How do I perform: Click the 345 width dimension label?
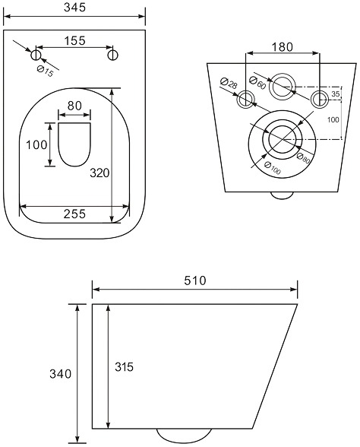tap(74, 8)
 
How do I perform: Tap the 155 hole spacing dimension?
tap(74, 41)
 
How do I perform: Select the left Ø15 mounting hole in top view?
tap(36, 55)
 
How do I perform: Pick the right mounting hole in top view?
tap(113, 55)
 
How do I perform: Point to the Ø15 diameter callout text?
tap(46, 71)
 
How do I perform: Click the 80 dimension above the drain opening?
tap(74, 106)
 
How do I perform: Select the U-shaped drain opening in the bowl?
tap(74, 144)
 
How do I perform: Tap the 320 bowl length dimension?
tap(99, 173)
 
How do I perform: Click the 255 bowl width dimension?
tap(74, 214)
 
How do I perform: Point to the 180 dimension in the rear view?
tap(282, 47)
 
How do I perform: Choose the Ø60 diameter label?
tap(257, 83)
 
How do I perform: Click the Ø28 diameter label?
tap(229, 84)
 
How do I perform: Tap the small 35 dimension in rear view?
tap(336, 94)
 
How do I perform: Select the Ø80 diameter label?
tap(303, 158)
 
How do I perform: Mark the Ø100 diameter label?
tap(272, 168)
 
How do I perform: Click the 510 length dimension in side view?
tap(194, 281)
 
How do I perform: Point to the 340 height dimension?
tap(61, 373)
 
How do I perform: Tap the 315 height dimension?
tap(125, 367)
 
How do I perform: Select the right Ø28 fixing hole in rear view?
tap(320, 99)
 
